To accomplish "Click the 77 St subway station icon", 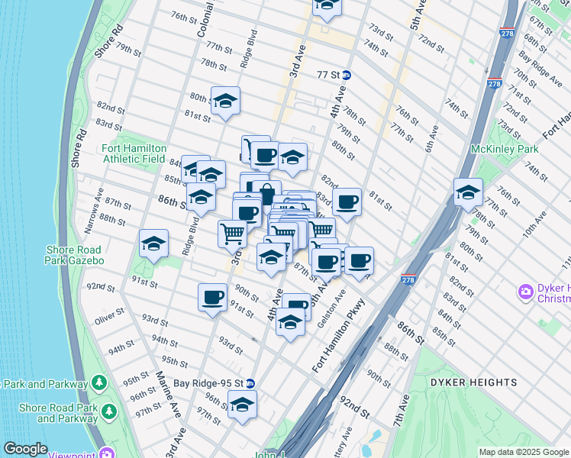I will point(347,75).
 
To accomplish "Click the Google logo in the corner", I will point(24,449).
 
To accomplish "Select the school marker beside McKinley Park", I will point(468,192).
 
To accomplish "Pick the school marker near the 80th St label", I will point(225,101).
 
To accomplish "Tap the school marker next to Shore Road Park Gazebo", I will point(153,244).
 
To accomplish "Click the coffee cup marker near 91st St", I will point(212,297).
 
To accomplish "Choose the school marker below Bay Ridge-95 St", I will point(242,405).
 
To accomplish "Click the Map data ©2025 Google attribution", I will point(523,452).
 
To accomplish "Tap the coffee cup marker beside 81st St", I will point(347,202).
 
